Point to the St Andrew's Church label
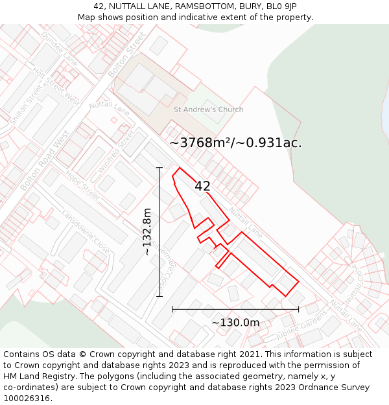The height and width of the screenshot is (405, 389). point(208,110)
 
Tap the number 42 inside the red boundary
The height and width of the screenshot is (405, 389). point(202,186)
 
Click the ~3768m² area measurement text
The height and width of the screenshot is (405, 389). point(235,143)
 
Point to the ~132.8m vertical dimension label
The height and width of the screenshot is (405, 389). point(147,231)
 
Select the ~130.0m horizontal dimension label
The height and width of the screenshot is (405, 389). point(235,322)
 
